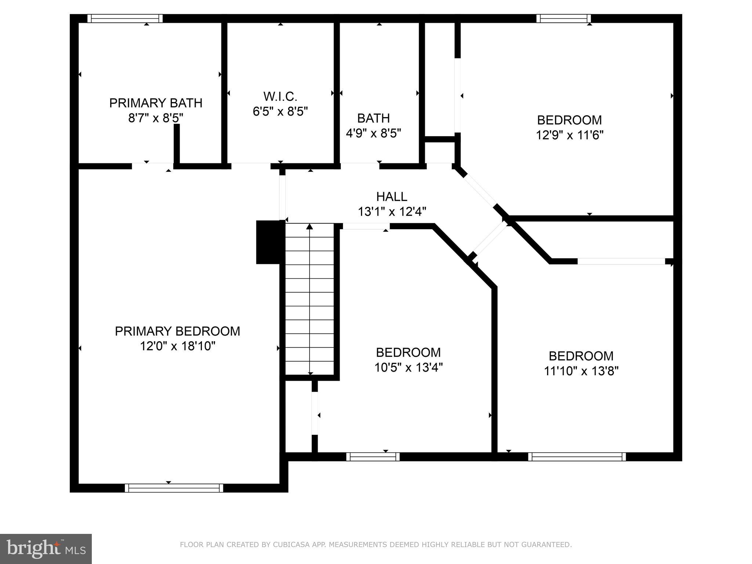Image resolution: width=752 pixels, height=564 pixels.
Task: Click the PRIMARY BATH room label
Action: [x=156, y=103]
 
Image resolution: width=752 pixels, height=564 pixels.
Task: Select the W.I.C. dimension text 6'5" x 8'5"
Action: [x=280, y=111]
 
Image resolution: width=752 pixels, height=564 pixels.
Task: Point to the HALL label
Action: [x=392, y=197]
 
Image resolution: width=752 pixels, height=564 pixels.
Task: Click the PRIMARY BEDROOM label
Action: [x=177, y=331]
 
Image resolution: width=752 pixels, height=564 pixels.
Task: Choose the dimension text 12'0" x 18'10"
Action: [x=177, y=346]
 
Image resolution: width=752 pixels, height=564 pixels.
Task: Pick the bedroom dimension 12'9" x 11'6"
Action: [x=570, y=135]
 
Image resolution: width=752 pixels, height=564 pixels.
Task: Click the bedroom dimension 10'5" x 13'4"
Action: [x=408, y=368]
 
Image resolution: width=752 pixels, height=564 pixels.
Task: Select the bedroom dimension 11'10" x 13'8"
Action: [x=581, y=371]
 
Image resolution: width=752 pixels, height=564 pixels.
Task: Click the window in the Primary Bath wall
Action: [x=125, y=18]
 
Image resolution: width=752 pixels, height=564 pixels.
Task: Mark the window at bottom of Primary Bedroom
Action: [x=174, y=488]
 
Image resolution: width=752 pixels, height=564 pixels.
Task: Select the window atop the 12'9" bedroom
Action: [x=563, y=18]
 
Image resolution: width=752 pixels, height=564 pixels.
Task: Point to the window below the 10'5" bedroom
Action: [x=373, y=457]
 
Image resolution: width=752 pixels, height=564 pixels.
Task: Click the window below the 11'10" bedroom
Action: [x=577, y=457]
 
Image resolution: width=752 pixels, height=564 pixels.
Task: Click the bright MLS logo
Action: [x=46, y=549]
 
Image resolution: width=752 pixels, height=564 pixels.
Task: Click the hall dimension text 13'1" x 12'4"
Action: [x=392, y=212]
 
